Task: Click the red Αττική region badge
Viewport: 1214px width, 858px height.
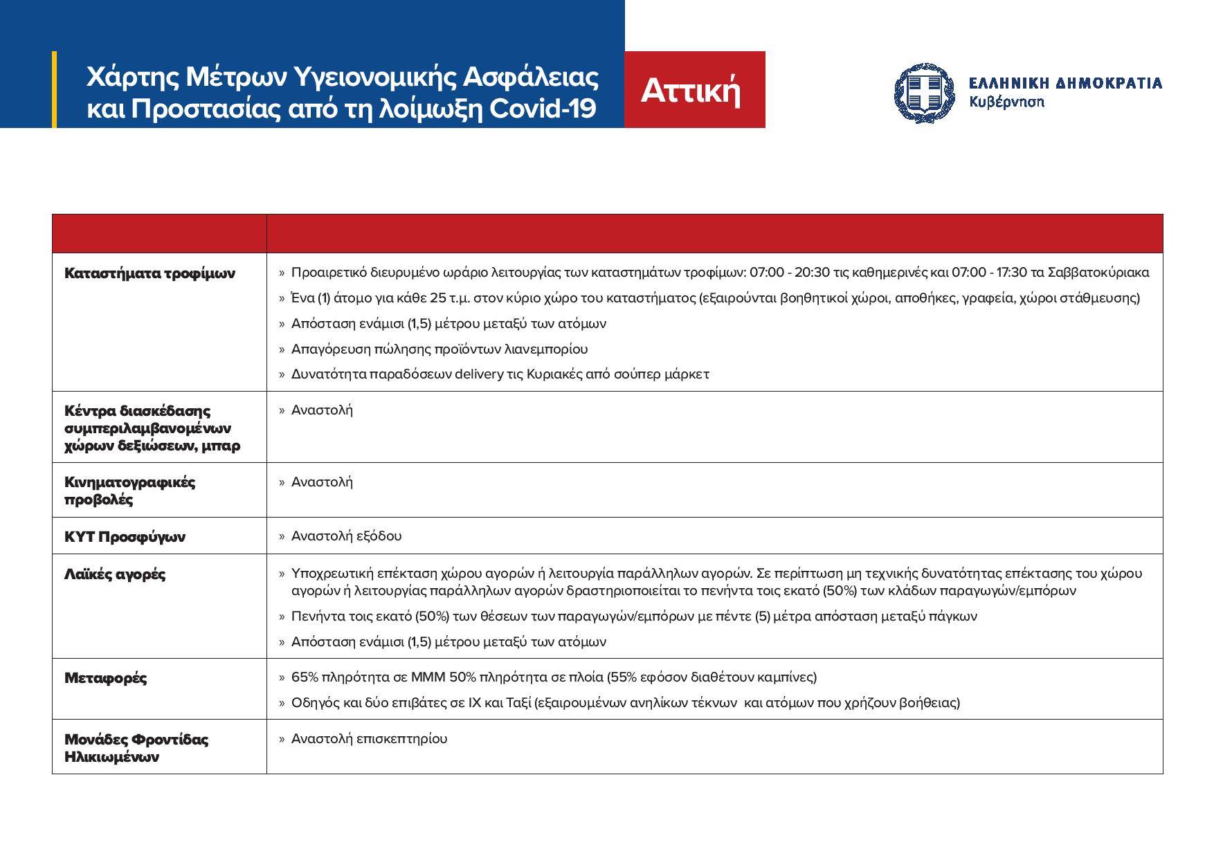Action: [x=694, y=90]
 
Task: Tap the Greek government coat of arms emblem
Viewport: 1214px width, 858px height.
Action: [x=924, y=92]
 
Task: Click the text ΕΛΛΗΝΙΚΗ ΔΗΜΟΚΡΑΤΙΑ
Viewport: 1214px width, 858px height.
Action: [x=1064, y=84]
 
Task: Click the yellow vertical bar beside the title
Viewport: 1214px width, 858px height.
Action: [x=55, y=89]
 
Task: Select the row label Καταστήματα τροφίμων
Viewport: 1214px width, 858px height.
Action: [x=150, y=273]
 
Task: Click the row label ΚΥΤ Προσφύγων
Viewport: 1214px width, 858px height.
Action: [x=125, y=537]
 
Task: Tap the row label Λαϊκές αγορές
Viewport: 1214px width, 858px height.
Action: [x=115, y=574]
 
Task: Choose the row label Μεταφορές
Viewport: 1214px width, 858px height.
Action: [x=105, y=678]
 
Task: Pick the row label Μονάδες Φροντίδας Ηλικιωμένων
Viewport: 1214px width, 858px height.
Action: [x=136, y=748]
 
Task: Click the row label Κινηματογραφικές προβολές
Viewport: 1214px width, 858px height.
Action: [x=129, y=491]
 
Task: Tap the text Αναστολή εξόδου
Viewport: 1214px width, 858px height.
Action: [x=346, y=536]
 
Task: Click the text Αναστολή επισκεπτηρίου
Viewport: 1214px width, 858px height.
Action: [x=369, y=739]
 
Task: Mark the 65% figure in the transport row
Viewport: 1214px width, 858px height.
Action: [x=303, y=677]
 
